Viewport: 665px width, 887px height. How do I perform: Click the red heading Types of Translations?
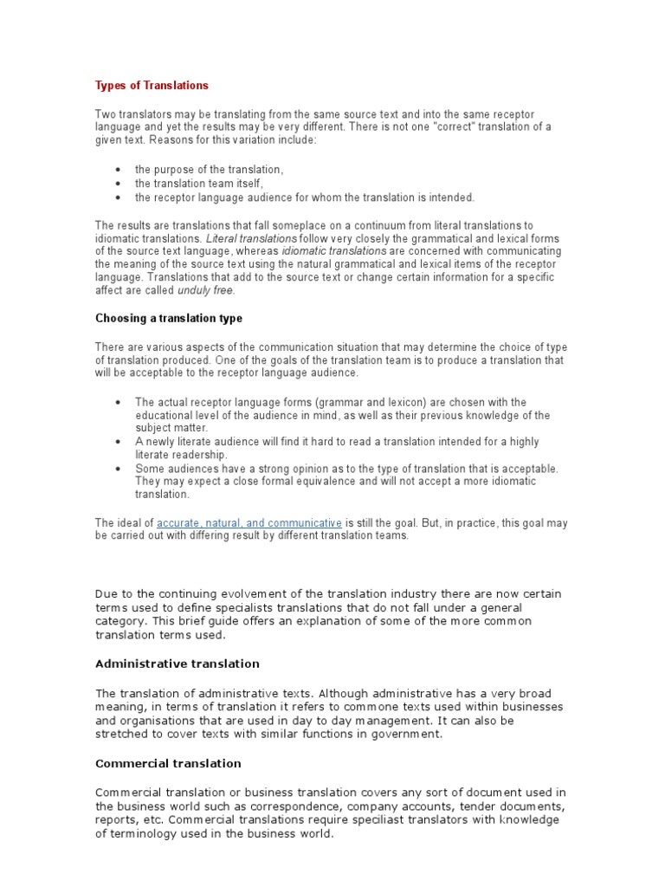coord(152,86)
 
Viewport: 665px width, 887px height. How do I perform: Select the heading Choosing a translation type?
coord(169,318)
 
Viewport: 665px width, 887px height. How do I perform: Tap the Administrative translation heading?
coord(177,664)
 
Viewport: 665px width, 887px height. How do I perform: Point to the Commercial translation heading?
coord(168,764)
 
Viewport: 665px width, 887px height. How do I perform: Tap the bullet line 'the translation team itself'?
coord(198,184)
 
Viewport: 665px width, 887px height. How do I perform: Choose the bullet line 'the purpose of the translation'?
coord(209,170)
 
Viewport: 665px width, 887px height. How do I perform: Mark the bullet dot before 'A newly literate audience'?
coord(118,442)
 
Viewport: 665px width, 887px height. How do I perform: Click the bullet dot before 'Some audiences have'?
coord(118,469)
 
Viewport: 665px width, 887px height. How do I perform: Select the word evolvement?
coord(255,593)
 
